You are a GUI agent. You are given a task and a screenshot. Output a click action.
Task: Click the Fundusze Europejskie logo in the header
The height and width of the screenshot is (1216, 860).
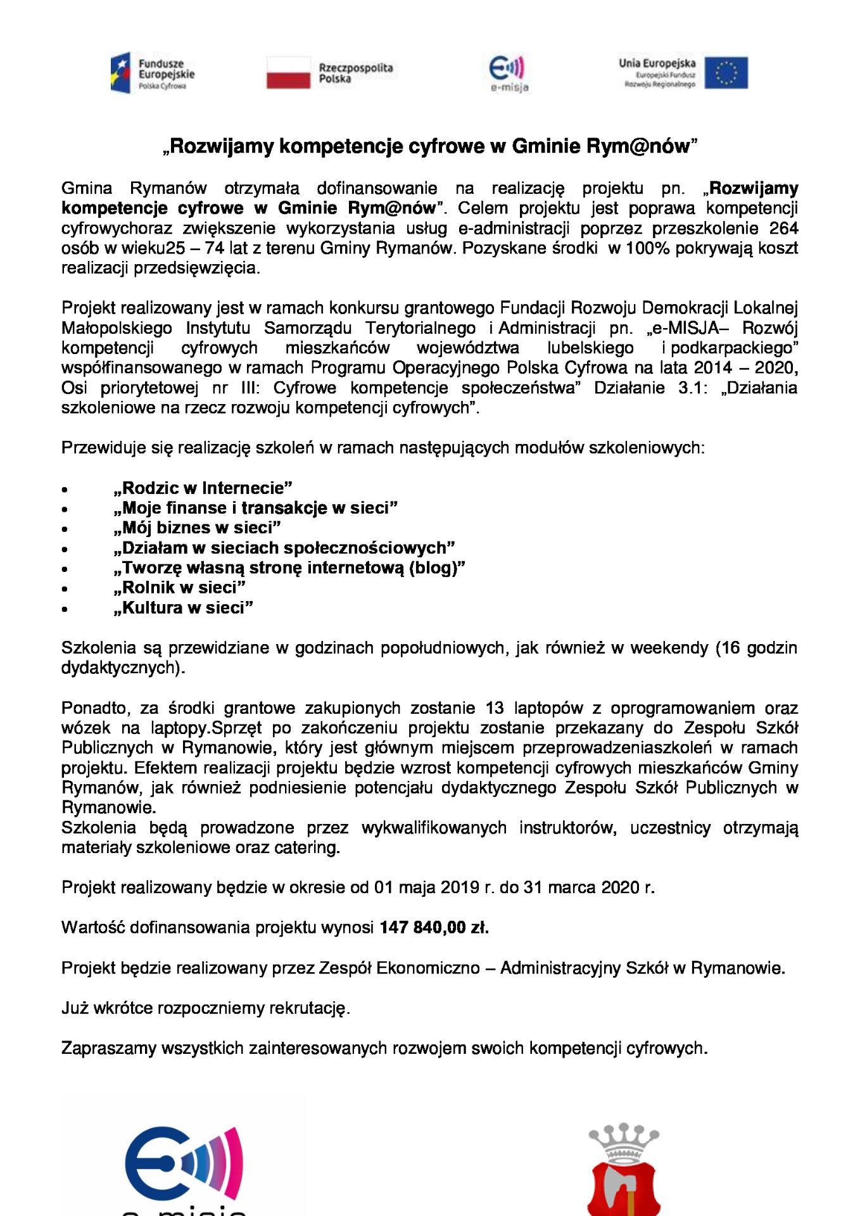(x=153, y=73)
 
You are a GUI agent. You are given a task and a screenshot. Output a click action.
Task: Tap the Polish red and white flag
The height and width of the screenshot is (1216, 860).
(x=289, y=73)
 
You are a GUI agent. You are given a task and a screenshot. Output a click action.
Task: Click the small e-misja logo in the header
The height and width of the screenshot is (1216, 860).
(x=509, y=73)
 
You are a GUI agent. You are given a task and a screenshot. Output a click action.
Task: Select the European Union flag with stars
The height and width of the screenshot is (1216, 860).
(x=726, y=73)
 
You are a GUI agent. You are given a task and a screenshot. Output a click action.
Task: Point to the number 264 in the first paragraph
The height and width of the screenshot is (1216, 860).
(x=783, y=228)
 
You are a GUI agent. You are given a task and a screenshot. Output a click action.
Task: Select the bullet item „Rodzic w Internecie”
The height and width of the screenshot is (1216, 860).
(x=203, y=488)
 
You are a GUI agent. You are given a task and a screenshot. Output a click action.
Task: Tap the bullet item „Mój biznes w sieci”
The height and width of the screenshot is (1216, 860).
(x=197, y=528)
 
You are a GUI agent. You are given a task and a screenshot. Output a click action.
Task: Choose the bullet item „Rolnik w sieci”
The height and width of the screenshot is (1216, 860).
(x=179, y=588)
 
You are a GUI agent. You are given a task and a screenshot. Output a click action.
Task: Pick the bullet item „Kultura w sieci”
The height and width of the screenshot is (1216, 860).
(x=183, y=608)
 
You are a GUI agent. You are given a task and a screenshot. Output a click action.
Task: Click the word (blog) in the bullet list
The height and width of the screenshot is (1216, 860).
(x=436, y=568)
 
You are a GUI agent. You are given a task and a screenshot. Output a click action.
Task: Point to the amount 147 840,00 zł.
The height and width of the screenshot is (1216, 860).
(x=434, y=928)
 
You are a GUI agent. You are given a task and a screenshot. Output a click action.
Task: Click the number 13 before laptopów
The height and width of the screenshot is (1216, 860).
(x=495, y=708)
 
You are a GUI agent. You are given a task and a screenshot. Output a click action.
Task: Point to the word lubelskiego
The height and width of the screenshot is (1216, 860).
(x=590, y=348)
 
